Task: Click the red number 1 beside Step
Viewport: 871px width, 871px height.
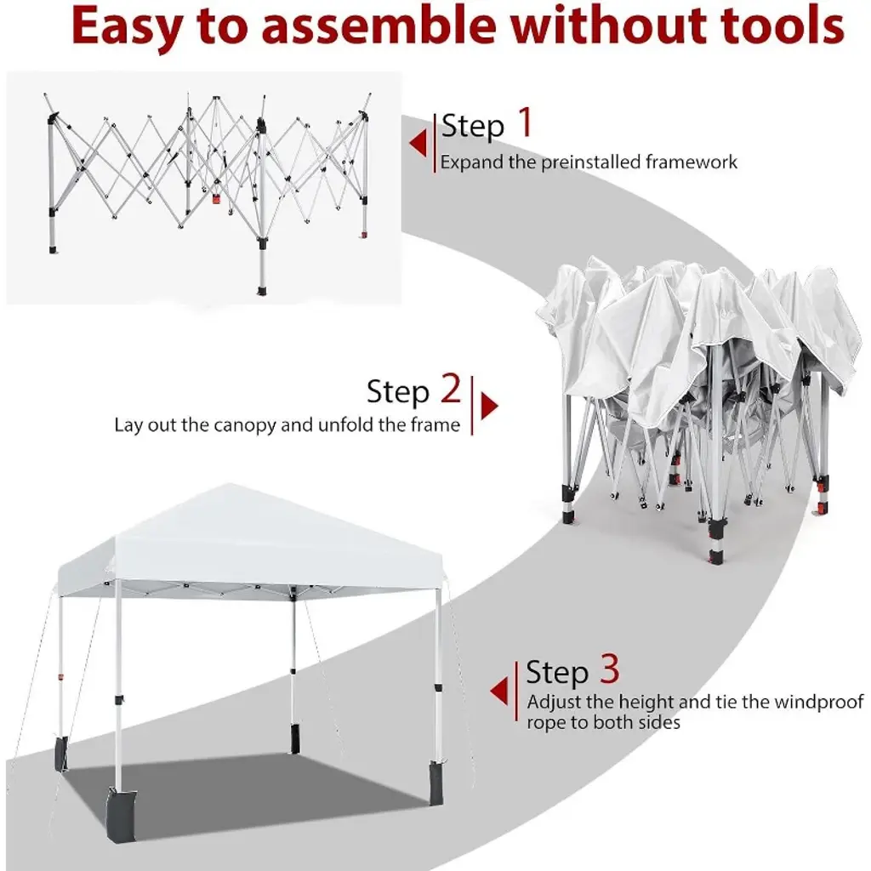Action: [525, 122]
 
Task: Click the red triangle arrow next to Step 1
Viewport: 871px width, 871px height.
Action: [418, 143]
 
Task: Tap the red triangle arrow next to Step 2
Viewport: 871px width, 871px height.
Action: [489, 406]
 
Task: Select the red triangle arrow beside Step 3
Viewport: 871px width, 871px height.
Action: [498, 692]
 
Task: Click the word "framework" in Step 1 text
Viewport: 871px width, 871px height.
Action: [691, 162]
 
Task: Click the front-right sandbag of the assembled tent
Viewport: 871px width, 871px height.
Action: [435, 783]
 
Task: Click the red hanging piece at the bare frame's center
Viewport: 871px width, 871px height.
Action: [217, 198]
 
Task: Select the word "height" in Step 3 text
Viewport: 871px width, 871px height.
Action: [646, 703]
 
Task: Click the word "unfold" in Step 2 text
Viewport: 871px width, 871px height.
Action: [347, 425]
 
